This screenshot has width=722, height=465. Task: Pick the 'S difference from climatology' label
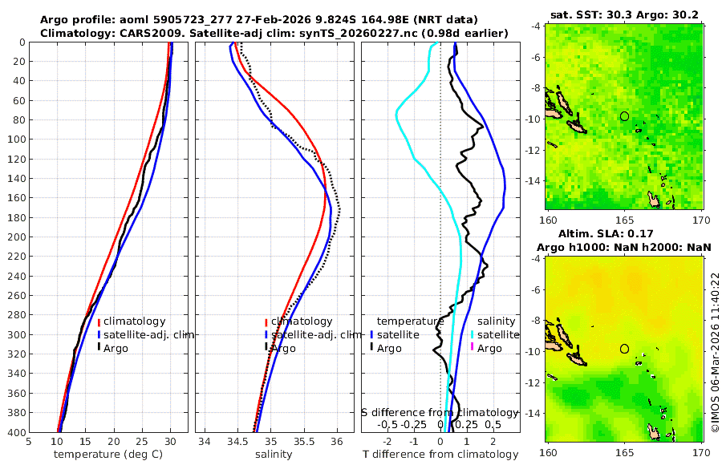tap(439, 412)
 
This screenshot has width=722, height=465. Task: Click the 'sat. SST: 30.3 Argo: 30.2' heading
tap(623, 14)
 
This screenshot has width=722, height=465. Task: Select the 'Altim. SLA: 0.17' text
tap(623, 233)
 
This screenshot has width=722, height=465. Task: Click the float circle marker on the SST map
tap(624, 116)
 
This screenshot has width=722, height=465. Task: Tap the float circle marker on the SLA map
tap(624, 349)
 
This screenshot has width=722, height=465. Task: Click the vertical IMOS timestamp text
tap(714, 353)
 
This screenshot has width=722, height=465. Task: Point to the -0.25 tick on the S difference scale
tap(414, 424)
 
